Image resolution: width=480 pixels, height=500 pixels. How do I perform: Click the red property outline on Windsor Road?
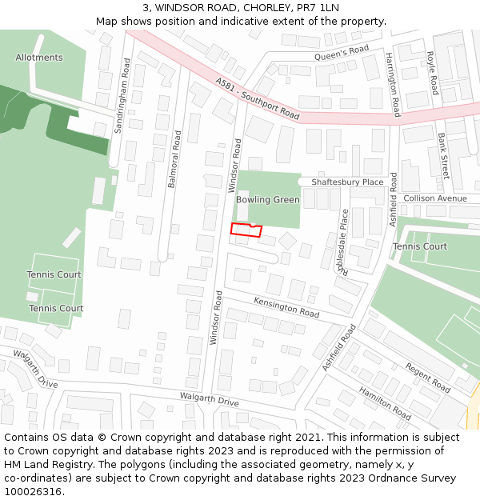click(x=246, y=230)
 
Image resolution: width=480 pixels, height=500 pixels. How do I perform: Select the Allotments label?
click(x=39, y=58)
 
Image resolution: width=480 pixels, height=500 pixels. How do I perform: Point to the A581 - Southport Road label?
click(x=257, y=99)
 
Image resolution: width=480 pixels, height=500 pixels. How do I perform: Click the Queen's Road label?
click(x=341, y=54)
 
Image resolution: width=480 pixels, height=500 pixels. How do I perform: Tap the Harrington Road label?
click(x=392, y=85)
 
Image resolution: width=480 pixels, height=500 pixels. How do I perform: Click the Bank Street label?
click(x=444, y=156)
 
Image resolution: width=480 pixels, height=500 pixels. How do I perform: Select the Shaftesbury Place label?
click(x=347, y=182)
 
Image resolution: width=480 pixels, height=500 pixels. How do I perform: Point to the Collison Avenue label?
click(x=434, y=198)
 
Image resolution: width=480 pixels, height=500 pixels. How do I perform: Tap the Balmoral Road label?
click(x=174, y=159)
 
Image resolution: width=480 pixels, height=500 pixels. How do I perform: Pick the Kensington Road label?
click(x=286, y=306)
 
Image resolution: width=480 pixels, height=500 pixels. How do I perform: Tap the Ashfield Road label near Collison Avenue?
click(x=394, y=199)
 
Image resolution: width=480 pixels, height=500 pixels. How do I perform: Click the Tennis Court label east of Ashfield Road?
click(x=420, y=246)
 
